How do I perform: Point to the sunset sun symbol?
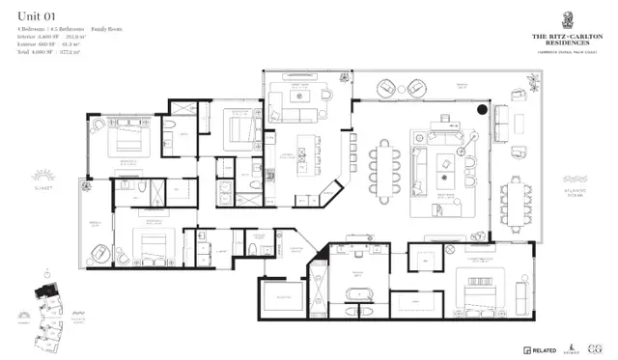point(41,178)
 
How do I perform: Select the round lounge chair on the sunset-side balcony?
point(102,254)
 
